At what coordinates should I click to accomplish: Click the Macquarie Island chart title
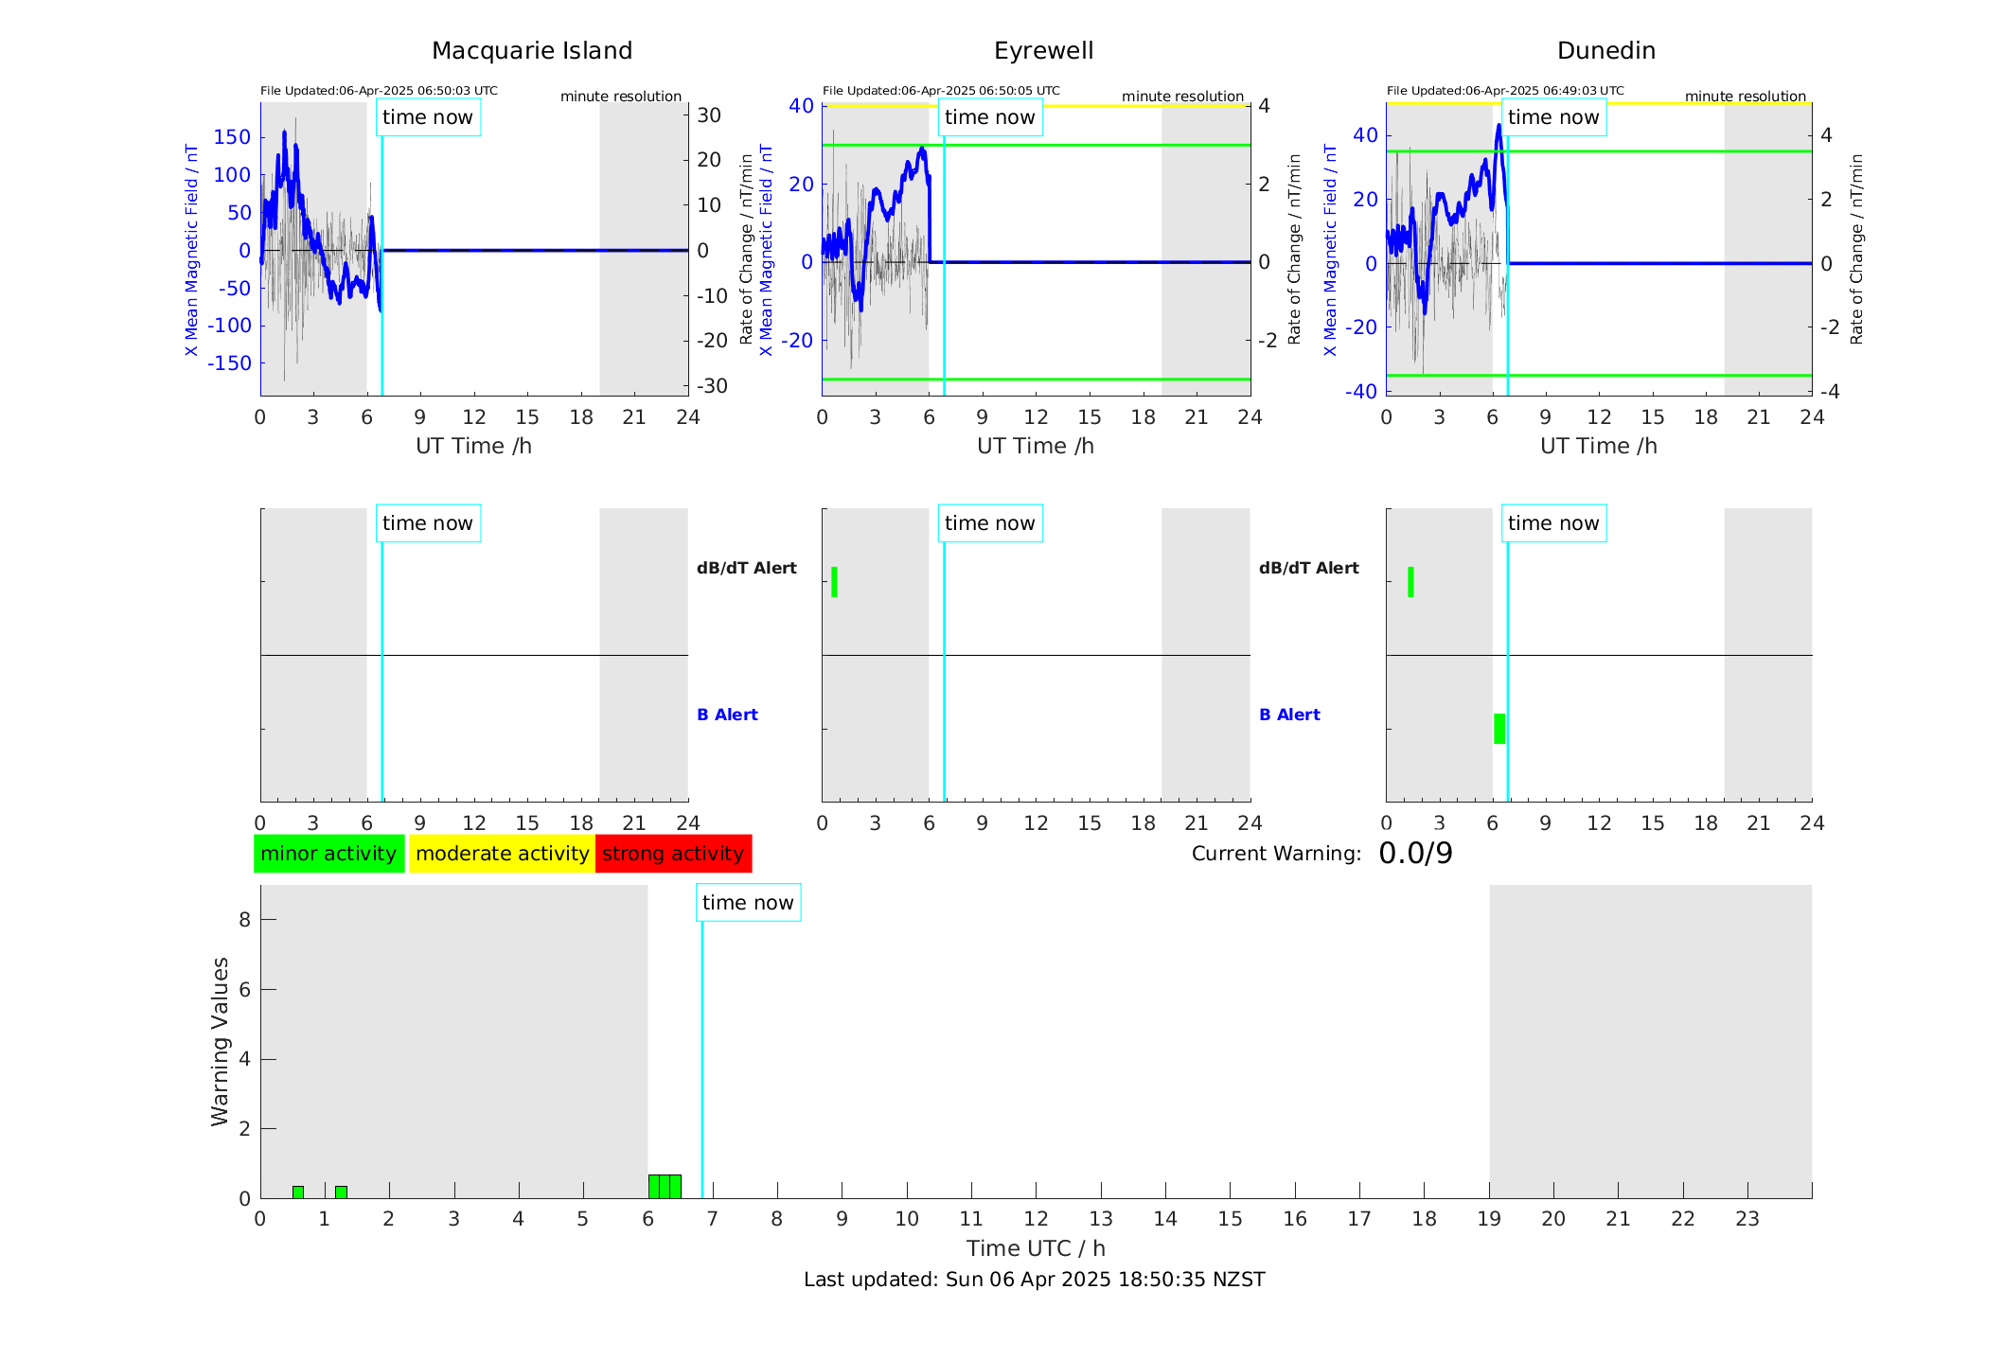click(531, 51)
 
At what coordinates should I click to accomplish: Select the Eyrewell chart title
click(1043, 51)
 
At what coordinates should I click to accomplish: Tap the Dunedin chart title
click(1605, 51)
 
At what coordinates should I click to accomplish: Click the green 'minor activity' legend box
click(328, 854)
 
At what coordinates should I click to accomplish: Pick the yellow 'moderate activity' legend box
click(502, 854)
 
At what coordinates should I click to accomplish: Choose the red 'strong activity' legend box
click(673, 854)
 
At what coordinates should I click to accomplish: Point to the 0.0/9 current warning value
click(1415, 854)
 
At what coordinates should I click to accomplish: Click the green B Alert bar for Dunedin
click(1499, 729)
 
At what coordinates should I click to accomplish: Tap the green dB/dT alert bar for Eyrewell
click(834, 582)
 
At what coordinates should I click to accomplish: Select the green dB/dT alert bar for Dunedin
click(1410, 582)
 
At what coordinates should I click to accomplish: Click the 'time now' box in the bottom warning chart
click(748, 903)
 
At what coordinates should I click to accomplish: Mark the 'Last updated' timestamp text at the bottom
click(1034, 1280)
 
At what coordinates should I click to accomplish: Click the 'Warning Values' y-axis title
click(220, 1041)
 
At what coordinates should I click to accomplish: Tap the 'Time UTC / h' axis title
click(1036, 1248)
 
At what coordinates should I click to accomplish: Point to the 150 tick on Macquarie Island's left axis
click(232, 137)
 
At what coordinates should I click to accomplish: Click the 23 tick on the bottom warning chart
click(1747, 1219)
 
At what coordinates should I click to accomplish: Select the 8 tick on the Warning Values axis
click(244, 920)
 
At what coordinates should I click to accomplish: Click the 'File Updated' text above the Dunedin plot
click(1505, 91)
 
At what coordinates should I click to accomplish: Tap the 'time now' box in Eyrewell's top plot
click(989, 117)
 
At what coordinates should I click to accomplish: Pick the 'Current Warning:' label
click(1276, 854)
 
